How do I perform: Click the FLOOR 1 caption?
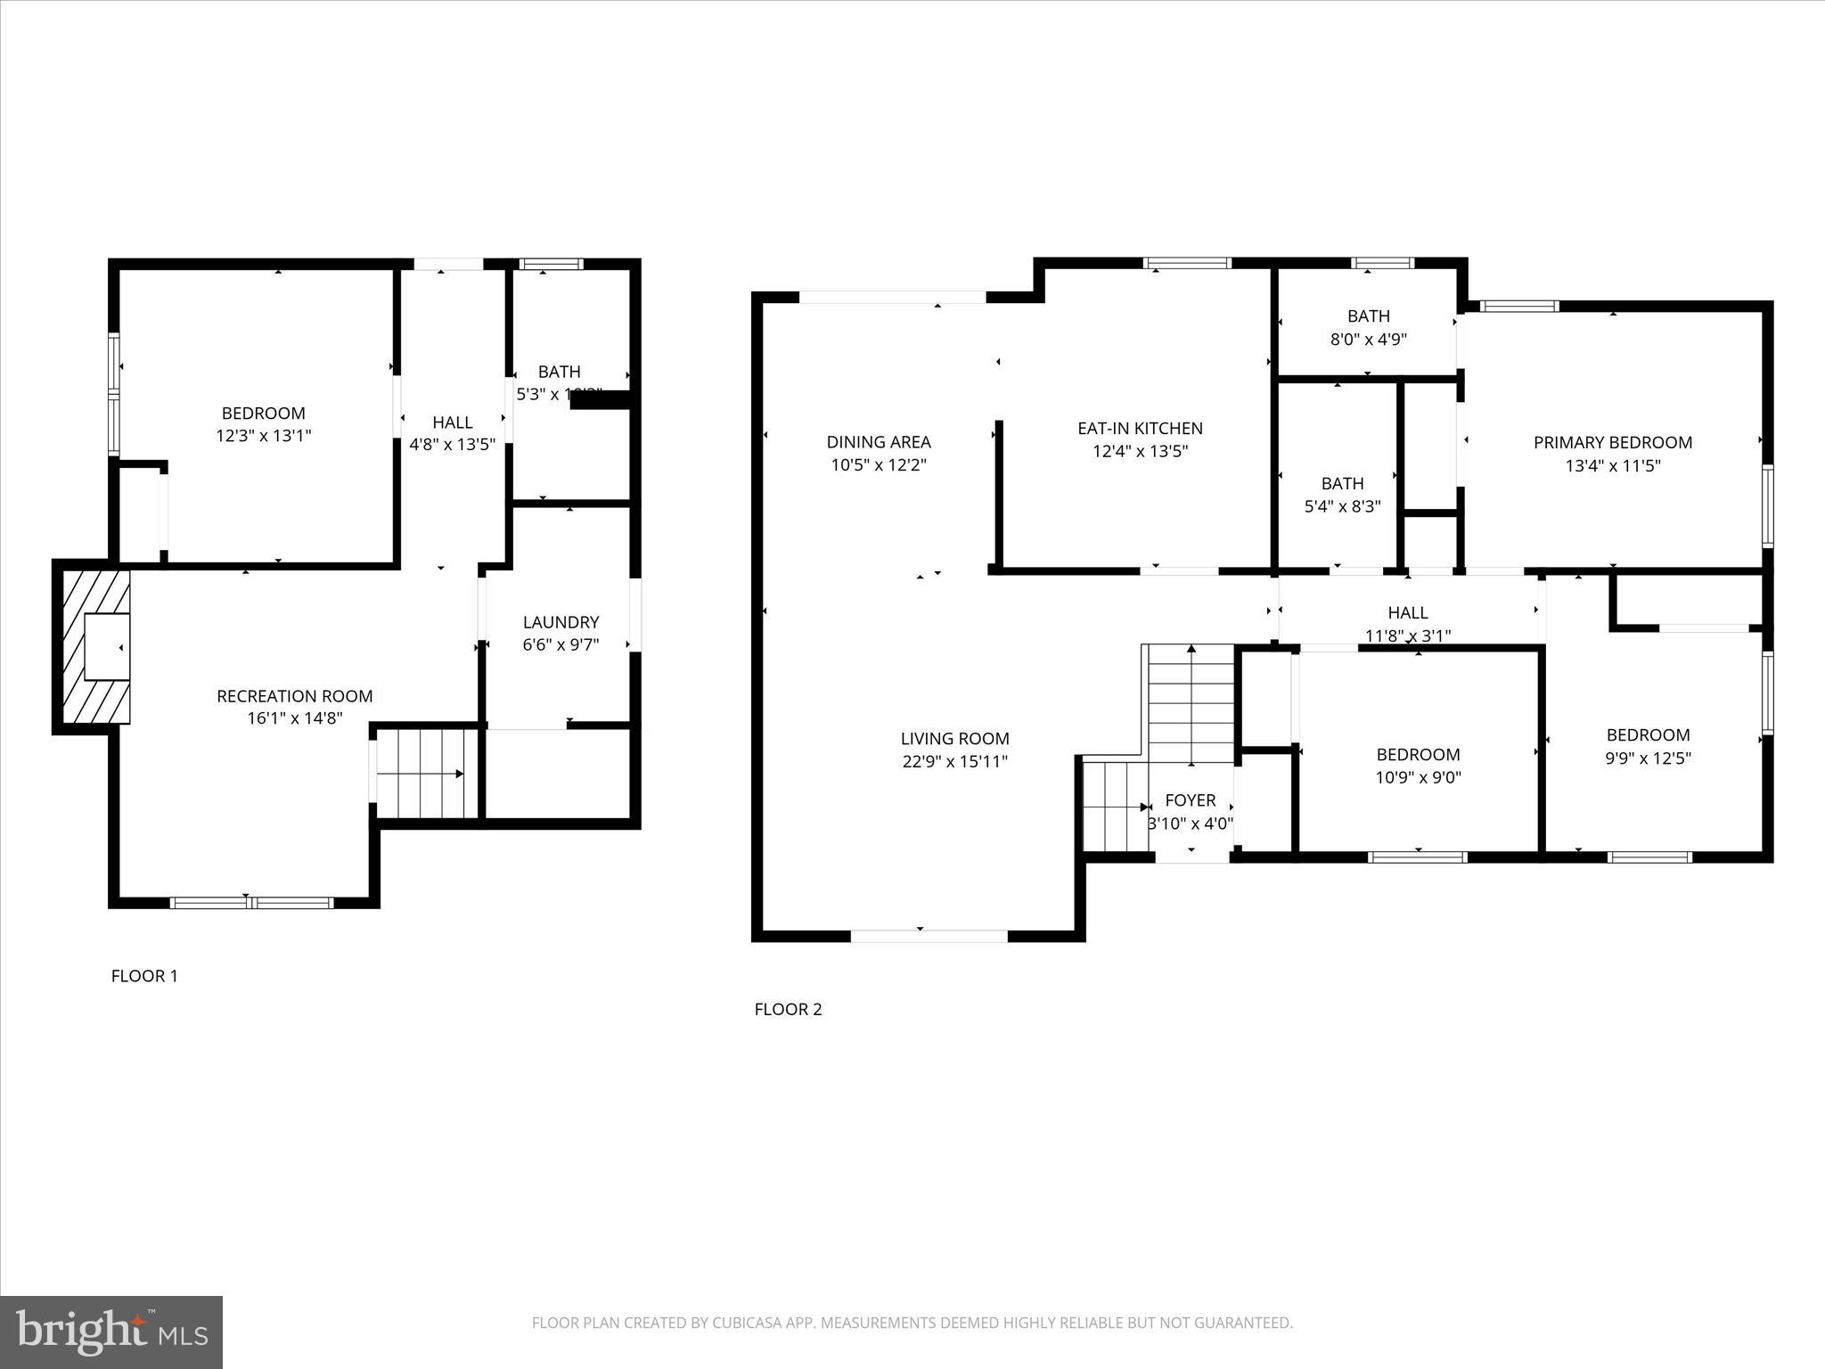click(144, 976)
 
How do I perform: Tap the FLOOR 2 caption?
click(788, 1009)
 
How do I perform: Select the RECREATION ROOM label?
click(295, 696)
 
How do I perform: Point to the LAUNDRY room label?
click(561, 622)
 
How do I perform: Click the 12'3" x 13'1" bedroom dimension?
click(264, 436)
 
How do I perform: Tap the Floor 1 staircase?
click(426, 774)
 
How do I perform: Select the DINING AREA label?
click(879, 442)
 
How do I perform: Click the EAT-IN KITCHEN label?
click(1140, 429)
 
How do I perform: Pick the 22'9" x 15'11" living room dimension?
click(954, 761)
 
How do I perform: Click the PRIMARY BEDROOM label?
click(1612, 442)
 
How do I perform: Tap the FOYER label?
click(1190, 800)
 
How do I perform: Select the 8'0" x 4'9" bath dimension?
click(1368, 339)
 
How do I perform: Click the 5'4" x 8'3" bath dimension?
click(1342, 506)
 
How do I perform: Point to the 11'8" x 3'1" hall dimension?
click(1408, 635)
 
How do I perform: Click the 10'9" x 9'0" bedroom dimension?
click(1418, 777)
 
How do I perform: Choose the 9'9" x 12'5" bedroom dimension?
click(1648, 758)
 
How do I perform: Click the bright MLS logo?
click(111, 1332)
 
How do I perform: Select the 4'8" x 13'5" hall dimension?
click(452, 445)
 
